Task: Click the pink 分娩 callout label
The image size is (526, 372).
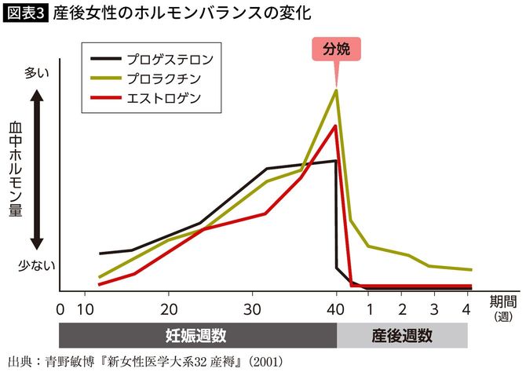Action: coord(336,48)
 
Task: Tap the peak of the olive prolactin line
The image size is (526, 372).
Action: coord(336,90)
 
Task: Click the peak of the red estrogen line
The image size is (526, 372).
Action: coord(336,126)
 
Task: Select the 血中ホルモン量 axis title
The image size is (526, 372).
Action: coord(14,169)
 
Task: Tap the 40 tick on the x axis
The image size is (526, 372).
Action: coord(336,307)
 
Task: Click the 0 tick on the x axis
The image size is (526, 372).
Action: coord(60,307)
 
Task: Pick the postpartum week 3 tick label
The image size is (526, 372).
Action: coord(435,307)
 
